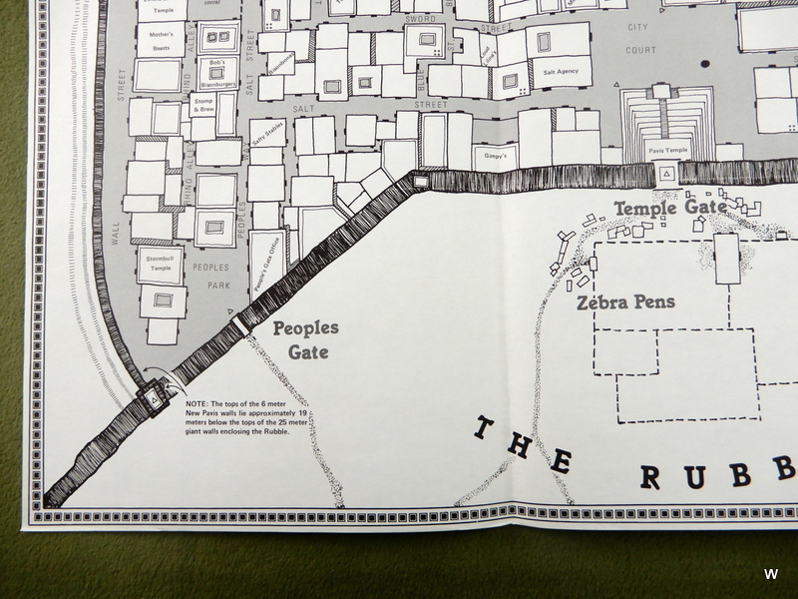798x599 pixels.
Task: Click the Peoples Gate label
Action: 306,339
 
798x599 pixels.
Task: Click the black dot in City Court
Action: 705,64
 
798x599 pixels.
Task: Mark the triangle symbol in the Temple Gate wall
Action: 664,175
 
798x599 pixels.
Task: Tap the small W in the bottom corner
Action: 770,574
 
